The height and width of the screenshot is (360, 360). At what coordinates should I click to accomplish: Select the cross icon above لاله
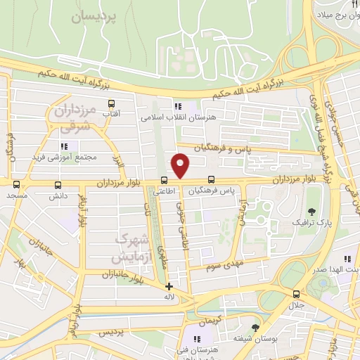(x=169, y=286)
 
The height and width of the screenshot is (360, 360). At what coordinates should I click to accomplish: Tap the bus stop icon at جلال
(x=295, y=294)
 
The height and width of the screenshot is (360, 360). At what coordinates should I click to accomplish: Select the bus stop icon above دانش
(x=58, y=186)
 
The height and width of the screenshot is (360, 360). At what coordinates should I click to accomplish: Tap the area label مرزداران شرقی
(x=70, y=119)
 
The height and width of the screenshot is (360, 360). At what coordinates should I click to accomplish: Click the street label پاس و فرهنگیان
(x=245, y=150)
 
